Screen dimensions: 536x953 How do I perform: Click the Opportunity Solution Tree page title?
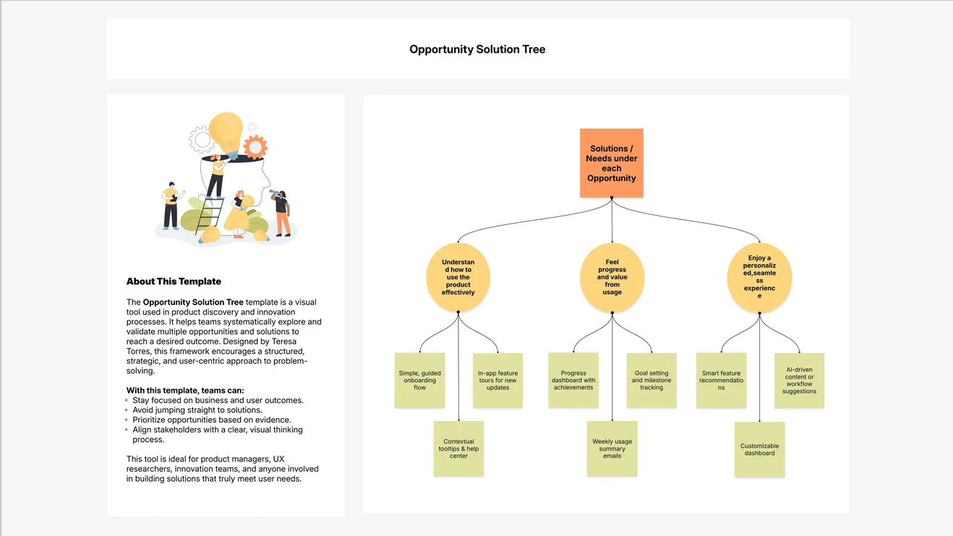click(477, 49)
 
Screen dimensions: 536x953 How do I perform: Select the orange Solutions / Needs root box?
click(611, 163)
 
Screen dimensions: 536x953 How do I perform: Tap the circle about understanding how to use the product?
click(458, 277)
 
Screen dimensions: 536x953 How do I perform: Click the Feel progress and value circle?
click(612, 277)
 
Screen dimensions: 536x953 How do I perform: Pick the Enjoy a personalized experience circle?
click(759, 277)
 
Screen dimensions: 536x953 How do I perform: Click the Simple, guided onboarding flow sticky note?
click(419, 380)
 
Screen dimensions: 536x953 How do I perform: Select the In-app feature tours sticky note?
click(497, 380)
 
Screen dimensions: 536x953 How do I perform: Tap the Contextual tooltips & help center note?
click(458, 448)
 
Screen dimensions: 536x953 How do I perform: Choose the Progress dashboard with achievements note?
click(573, 380)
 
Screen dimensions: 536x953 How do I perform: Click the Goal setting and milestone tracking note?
click(651, 380)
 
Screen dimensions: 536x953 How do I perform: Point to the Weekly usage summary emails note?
click(612, 448)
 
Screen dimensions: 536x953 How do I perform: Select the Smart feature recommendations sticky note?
click(721, 380)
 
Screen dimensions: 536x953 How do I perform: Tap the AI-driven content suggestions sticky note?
click(799, 380)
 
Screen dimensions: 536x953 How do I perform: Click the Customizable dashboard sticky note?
click(759, 449)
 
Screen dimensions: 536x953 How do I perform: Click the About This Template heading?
click(174, 281)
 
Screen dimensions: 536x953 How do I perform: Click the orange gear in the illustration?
click(255, 148)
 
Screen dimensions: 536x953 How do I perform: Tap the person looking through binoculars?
click(281, 212)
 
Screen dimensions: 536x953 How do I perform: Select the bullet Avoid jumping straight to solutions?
click(197, 410)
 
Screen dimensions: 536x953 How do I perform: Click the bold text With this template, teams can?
click(185, 391)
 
